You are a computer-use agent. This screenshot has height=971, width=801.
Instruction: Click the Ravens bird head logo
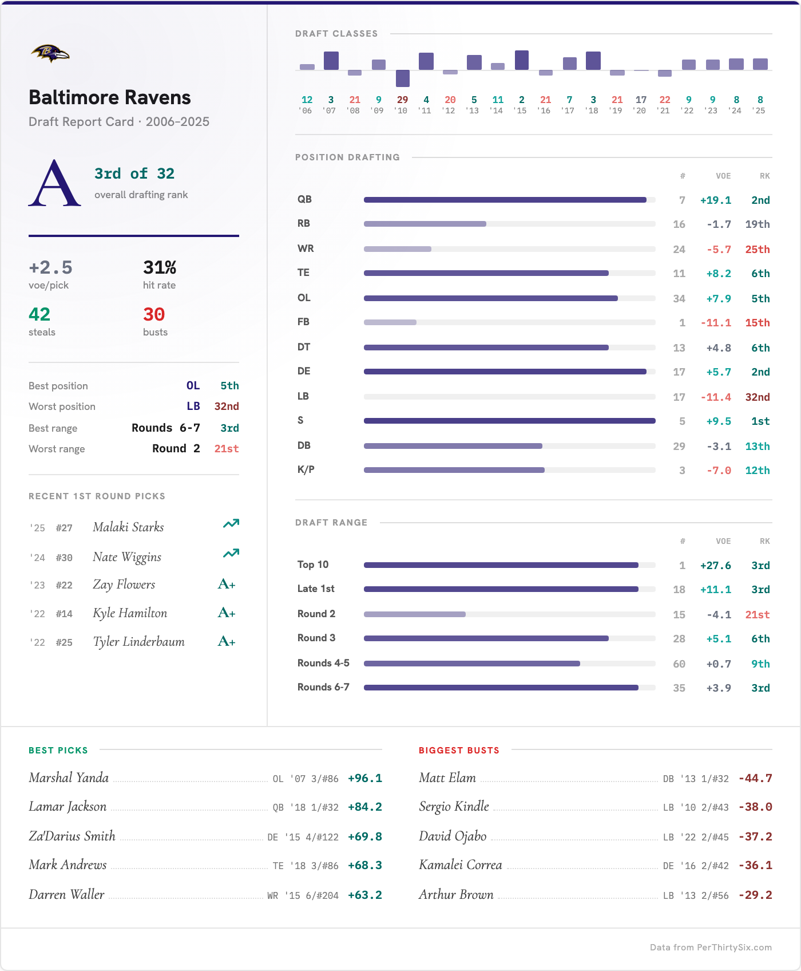pyautogui.click(x=50, y=54)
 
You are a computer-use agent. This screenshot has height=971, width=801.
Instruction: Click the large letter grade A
pyautogui.click(x=54, y=183)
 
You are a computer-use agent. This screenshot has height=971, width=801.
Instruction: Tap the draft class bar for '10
pyautogui.click(x=403, y=78)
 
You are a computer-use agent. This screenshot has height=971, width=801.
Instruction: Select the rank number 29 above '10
pyautogui.click(x=402, y=100)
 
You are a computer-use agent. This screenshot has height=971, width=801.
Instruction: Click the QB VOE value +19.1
pyautogui.click(x=715, y=200)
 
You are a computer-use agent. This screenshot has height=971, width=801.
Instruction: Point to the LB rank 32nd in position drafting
pyautogui.click(x=757, y=397)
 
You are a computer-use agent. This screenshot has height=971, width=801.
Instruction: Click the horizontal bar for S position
pyautogui.click(x=509, y=421)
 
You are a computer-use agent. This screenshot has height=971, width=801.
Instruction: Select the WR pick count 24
pyautogui.click(x=679, y=250)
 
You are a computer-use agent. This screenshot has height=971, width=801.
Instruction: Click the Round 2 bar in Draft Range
pyautogui.click(x=415, y=614)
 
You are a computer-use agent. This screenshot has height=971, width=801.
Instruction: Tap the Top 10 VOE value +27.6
pyautogui.click(x=715, y=566)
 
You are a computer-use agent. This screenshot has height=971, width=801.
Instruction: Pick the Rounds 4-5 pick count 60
pyautogui.click(x=679, y=664)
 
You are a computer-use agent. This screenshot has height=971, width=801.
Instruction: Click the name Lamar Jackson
pyautogui.click(x=68, y=807)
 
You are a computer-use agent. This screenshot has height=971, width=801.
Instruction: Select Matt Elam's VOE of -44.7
pyautogui.click(x=755, y=779)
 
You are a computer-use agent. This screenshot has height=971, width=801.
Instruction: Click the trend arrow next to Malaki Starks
pyautogui.click(x=231, y=524)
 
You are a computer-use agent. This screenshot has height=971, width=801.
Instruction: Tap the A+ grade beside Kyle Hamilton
pyautogui.click(x=227, y=613)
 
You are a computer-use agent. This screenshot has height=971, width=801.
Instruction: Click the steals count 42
pyautogui.click(x=39, y=314)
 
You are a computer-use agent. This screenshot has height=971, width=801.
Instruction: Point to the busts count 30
pyautogui.click(x=154, y=314)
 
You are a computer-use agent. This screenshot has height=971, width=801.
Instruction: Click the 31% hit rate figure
pyautogui.click(x=159, y=267)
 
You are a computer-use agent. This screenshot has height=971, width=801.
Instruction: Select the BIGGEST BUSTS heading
pyautogui.click(x=459, y=751)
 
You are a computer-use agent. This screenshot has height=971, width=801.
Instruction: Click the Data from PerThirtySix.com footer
pyautogui.click(x=711, y=948)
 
